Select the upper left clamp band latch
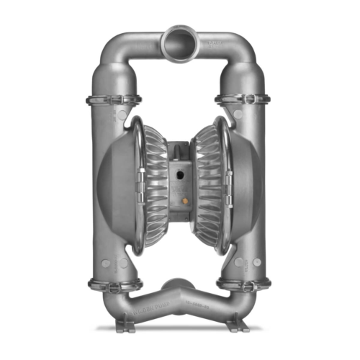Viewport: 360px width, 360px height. pyautogui.click(x=112, y=99)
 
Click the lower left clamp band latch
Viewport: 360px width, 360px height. pyautogui.click(x=112, y=284)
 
